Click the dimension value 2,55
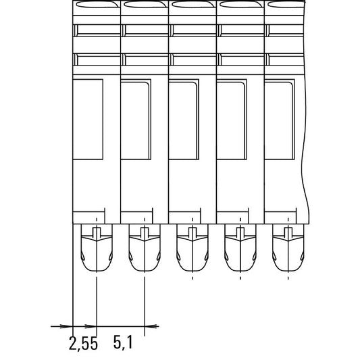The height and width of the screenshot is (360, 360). click(83, 344)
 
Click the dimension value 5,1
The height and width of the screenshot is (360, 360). click(123, 342)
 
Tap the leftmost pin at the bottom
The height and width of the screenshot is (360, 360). click(97, 248)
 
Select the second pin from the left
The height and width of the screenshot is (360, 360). click(145, 248)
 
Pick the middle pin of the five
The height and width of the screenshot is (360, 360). click(192, 248)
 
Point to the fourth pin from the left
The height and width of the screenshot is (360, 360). click(240, 248)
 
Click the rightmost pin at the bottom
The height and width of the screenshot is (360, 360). click(288, 248)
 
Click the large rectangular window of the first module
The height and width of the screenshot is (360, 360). click(88, 120)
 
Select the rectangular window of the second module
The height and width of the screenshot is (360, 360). click(136, 120)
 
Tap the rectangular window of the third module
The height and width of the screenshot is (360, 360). click(184, 120)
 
